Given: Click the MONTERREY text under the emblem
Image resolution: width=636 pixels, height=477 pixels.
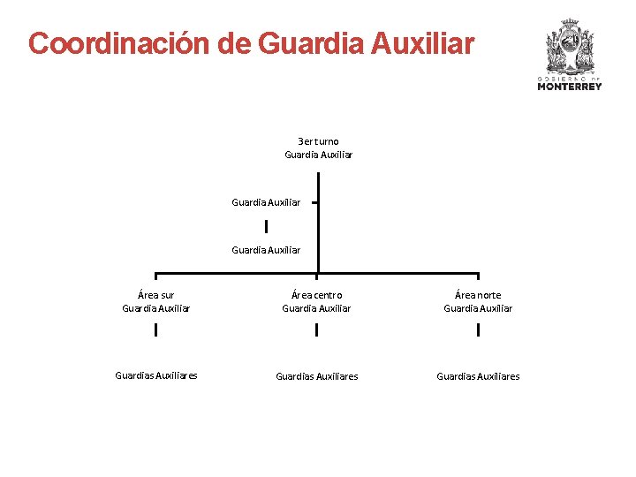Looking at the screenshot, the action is coord(570,87).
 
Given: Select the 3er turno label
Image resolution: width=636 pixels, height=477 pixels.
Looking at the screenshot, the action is coord(318,141).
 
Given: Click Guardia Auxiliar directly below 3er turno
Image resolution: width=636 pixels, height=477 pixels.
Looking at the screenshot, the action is coord(318,155).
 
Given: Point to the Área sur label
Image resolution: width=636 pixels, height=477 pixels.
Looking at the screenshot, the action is coord(156,295).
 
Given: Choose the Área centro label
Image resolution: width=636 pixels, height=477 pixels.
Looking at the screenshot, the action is coord(316,295).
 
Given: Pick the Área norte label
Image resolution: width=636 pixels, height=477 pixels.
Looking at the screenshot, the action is coord(478,295).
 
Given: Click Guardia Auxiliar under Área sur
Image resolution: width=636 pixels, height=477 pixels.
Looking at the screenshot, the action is coord(156,308).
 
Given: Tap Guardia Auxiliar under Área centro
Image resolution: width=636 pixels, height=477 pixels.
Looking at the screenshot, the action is coord(316,308).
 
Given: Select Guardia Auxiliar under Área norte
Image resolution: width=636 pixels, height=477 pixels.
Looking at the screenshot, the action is coord(478,308).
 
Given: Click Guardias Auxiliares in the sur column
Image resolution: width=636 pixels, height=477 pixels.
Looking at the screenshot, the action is coord(156,375).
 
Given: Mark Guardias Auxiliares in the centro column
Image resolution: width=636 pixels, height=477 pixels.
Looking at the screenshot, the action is coord(317,376).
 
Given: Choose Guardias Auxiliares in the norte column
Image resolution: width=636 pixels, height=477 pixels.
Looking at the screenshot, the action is coord(478,376).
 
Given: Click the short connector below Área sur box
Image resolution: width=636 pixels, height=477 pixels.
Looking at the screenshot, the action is coord(156,330).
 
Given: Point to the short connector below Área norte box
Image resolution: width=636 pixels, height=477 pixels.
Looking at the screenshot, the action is coord(478,330).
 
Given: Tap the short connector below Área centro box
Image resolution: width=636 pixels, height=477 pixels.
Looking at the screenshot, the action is coord(316,330).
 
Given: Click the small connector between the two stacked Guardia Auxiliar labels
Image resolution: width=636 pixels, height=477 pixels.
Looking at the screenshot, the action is coord(266,226).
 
